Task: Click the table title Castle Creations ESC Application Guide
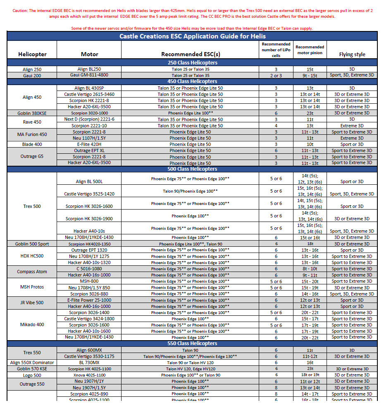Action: coord(191,36)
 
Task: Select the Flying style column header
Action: coord(352,54)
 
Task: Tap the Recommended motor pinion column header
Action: coord(310,50)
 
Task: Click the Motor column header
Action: coord(89,54)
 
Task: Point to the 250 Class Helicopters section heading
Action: coord(191,63)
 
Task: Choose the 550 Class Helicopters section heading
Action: coord(191,343)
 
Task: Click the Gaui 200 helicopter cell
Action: coord(32,76)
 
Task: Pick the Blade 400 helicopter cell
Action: coord(32,144)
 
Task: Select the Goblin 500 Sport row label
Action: coord(32,244)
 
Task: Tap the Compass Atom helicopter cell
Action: coord(32,272)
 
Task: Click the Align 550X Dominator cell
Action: coord(32,362)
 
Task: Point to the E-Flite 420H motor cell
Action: coord(89,144)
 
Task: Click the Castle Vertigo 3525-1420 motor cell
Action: coord(89,194)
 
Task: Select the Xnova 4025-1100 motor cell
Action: coord(89,375)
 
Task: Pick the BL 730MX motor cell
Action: coord(89,362)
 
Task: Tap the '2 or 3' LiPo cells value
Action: coord(276,76)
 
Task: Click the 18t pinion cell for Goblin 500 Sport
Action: coord(310,244)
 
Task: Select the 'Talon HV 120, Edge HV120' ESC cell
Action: coord(191,369)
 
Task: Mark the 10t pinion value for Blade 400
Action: coord(310,144)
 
